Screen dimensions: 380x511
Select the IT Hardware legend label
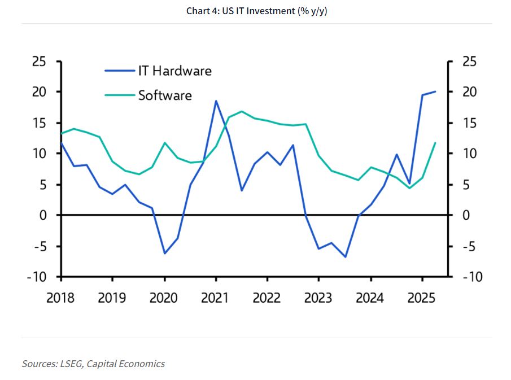(x=174, y=71)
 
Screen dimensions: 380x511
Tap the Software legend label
(x=165, y=95)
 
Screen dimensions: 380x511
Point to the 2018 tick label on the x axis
(x=60, y=297)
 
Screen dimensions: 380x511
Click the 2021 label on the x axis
(x=215, y=297)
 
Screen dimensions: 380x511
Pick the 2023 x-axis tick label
(x=318, y=297)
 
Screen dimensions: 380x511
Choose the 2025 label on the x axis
(x=422, y=297)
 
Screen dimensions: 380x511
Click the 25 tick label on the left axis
(x=39, y=62)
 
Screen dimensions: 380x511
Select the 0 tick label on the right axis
(x=466, y=216)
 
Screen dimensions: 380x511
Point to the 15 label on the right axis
(x=470, y=123)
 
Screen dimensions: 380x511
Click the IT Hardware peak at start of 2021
(x=216, y=101)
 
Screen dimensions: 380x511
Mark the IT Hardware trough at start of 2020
(x=164, y=253)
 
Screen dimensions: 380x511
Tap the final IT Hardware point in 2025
(x=435, y=91)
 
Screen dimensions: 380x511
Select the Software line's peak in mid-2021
(x=242, y=111)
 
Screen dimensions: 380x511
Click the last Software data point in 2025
(x=435, y=143)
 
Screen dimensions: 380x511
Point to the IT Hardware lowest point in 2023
(x=344, y=257)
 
